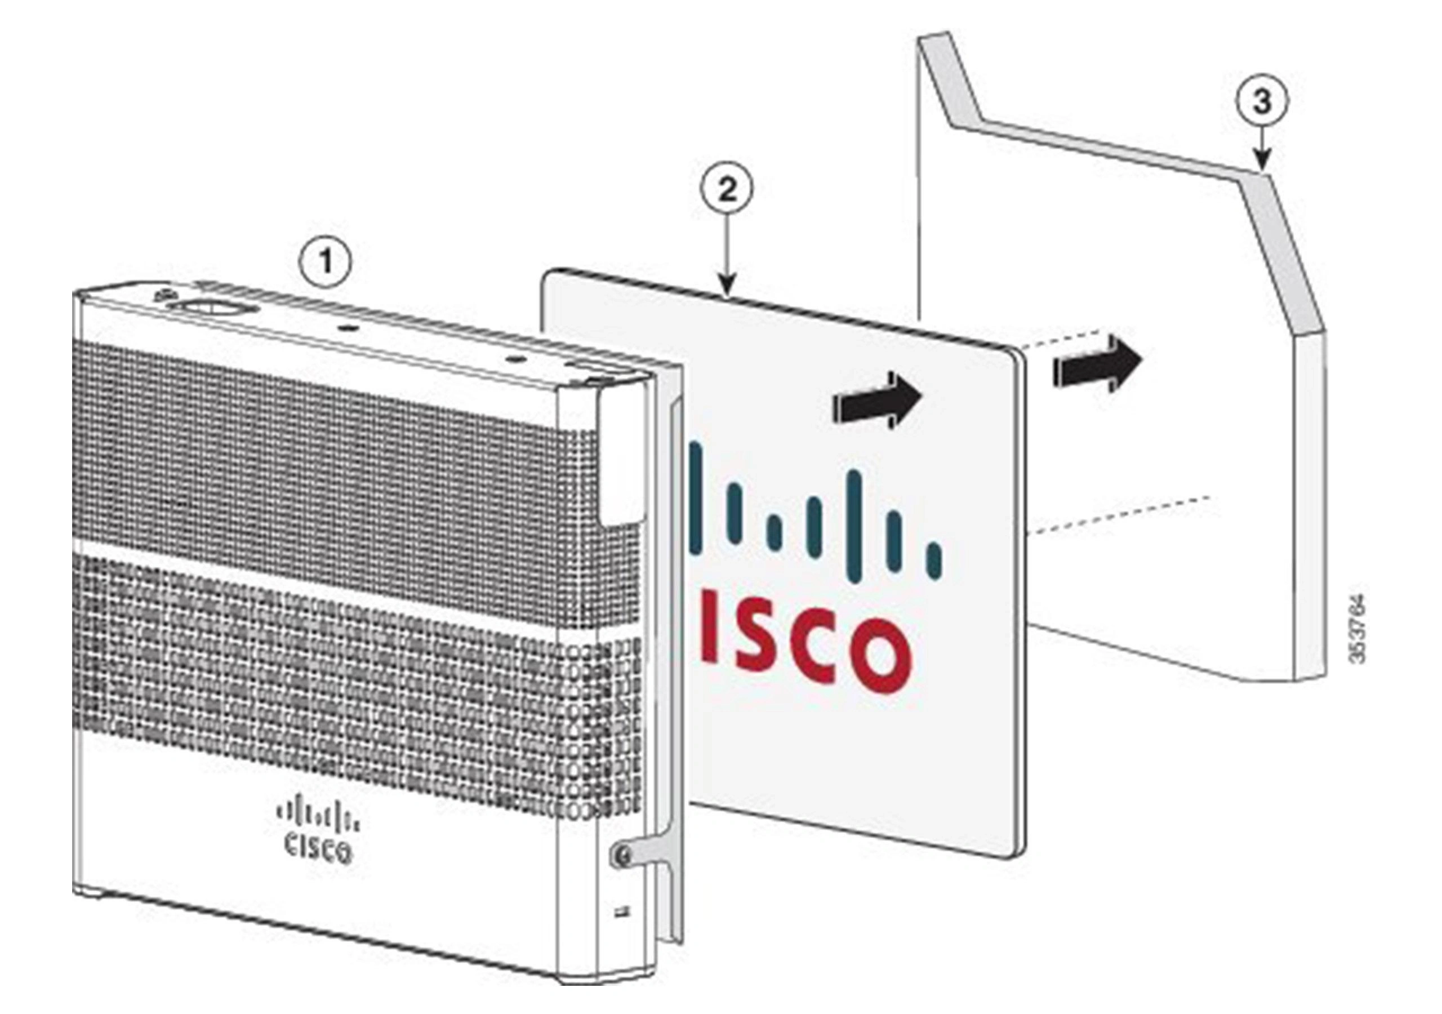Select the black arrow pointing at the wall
click(x=1098, y=364)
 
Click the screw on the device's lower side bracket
click(x=622, y=853)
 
